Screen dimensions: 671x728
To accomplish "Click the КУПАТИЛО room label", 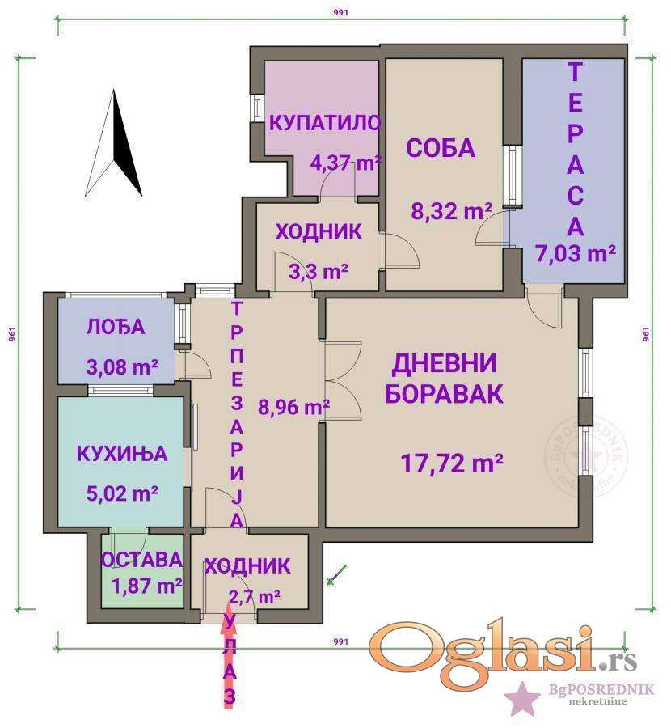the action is pos(325,123).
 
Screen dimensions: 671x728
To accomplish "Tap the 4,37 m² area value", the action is pos(346,163).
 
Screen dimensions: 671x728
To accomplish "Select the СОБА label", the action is pos(441,148).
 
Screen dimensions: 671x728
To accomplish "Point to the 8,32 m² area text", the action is pos(451,211).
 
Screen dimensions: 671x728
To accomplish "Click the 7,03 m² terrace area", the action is pos(576,253).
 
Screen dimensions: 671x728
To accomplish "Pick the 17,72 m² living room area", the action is pos(452,463).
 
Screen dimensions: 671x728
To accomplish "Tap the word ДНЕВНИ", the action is pos(444,363).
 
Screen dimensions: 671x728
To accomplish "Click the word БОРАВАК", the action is pos(444,394).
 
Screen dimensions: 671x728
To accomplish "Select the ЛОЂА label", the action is pos(116,328).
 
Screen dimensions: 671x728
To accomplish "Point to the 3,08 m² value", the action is pos(122,366).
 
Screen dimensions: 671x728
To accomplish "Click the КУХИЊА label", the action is pos(121,454).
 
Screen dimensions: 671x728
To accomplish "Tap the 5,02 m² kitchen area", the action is pos(122,493).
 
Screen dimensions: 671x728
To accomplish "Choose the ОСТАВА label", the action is pos(141,560).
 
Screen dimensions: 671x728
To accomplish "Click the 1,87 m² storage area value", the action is pos(146,586).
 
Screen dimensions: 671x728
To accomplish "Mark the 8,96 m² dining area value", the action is pos(293,407).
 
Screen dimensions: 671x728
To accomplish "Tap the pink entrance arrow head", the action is pos(228,617).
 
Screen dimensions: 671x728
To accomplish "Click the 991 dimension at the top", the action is pos(340,12).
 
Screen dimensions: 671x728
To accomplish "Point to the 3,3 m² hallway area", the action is pos(319,271).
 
